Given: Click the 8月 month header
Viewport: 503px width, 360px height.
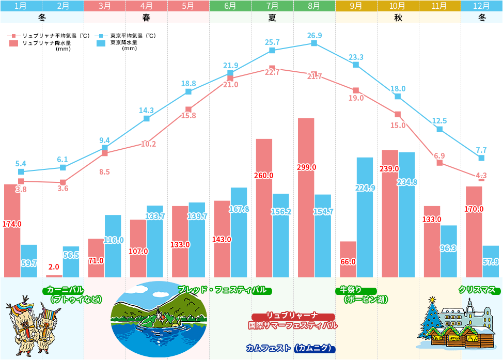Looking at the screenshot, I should (x=314, y=6).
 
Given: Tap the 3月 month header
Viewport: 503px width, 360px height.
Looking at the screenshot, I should (x=104, y=6).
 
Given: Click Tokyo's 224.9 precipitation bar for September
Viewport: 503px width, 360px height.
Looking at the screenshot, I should (x=365, y=217).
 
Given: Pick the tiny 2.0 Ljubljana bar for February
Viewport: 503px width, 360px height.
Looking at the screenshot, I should (x=54, y=276).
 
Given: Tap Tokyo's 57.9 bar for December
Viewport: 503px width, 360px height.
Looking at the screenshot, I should (x=490, y=261).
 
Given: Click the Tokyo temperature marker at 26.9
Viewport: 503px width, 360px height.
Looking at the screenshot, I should (x=314, y=43).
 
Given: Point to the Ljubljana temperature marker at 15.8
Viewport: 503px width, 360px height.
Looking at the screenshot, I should (x=188, y=109).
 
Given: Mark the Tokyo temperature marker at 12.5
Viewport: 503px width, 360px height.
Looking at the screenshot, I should (x=439, y=129).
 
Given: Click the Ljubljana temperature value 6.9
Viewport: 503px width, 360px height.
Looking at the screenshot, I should (x=439, y=155).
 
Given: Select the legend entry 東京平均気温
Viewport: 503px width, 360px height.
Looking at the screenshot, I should (x=132, y=36).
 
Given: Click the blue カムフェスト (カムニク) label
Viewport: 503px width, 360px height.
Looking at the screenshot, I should (x=291, y=348).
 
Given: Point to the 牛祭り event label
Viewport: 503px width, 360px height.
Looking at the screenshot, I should (x=356, y=290).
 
